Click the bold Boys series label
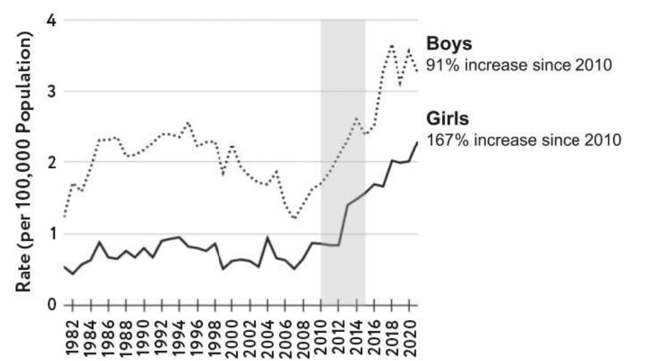450,44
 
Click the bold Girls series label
448,119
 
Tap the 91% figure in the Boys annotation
441,65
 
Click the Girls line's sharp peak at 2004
268,238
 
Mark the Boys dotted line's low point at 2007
295,218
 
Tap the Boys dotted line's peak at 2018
392,46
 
